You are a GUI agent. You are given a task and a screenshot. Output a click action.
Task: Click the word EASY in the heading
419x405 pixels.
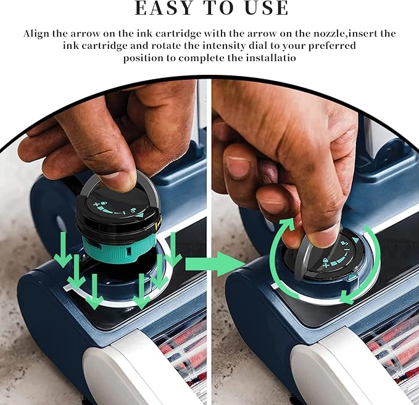(x=164, y=7)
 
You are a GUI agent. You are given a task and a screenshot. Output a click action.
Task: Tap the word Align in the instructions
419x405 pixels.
(x=36, y=34)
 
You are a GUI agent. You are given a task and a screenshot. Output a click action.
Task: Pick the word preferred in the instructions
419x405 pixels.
(x=332, y=46)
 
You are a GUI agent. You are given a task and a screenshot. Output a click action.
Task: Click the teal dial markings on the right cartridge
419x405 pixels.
(x=341, y=252)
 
